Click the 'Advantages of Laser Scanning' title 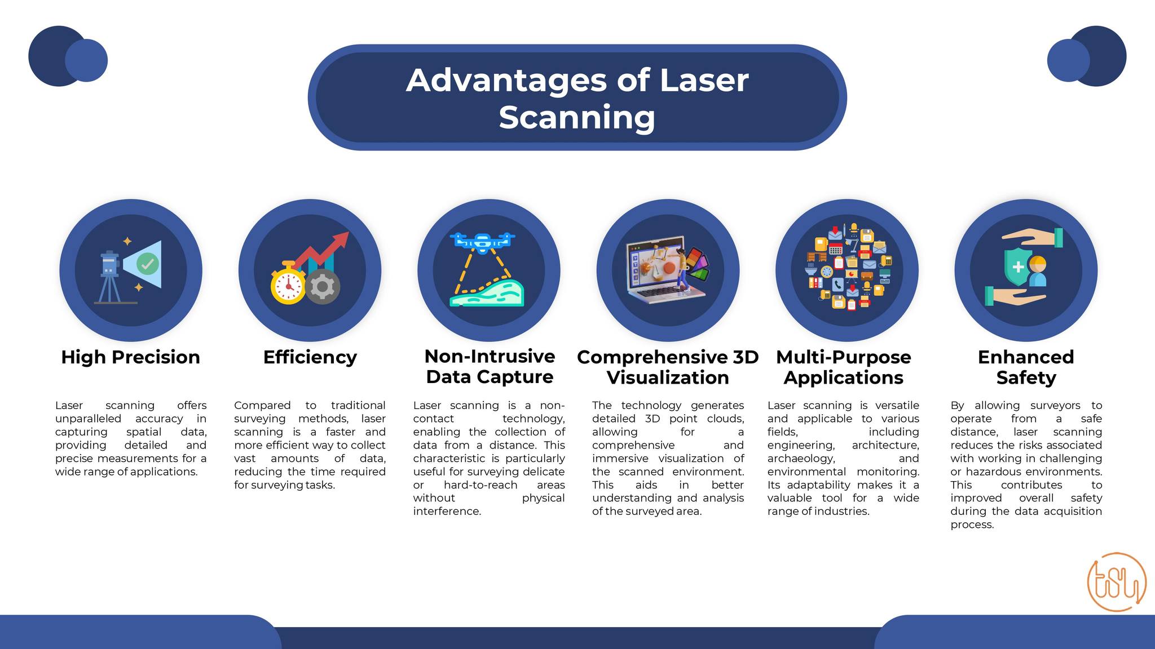click(x=577, y=98)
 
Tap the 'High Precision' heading click(x=130, y=357)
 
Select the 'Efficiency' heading click(x=310, y=357)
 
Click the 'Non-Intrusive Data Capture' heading click(x=490, y=366)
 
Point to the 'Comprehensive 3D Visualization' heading click(x=668, y=367)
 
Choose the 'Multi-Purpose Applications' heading click(x=844, y=367)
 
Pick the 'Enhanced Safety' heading click(x=1026, y=367)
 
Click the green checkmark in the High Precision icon click(x=148, y=263)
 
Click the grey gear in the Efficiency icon click(x=323, y=287)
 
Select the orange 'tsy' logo click(x=1117, y=582)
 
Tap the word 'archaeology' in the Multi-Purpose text click(x=801, y=459)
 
